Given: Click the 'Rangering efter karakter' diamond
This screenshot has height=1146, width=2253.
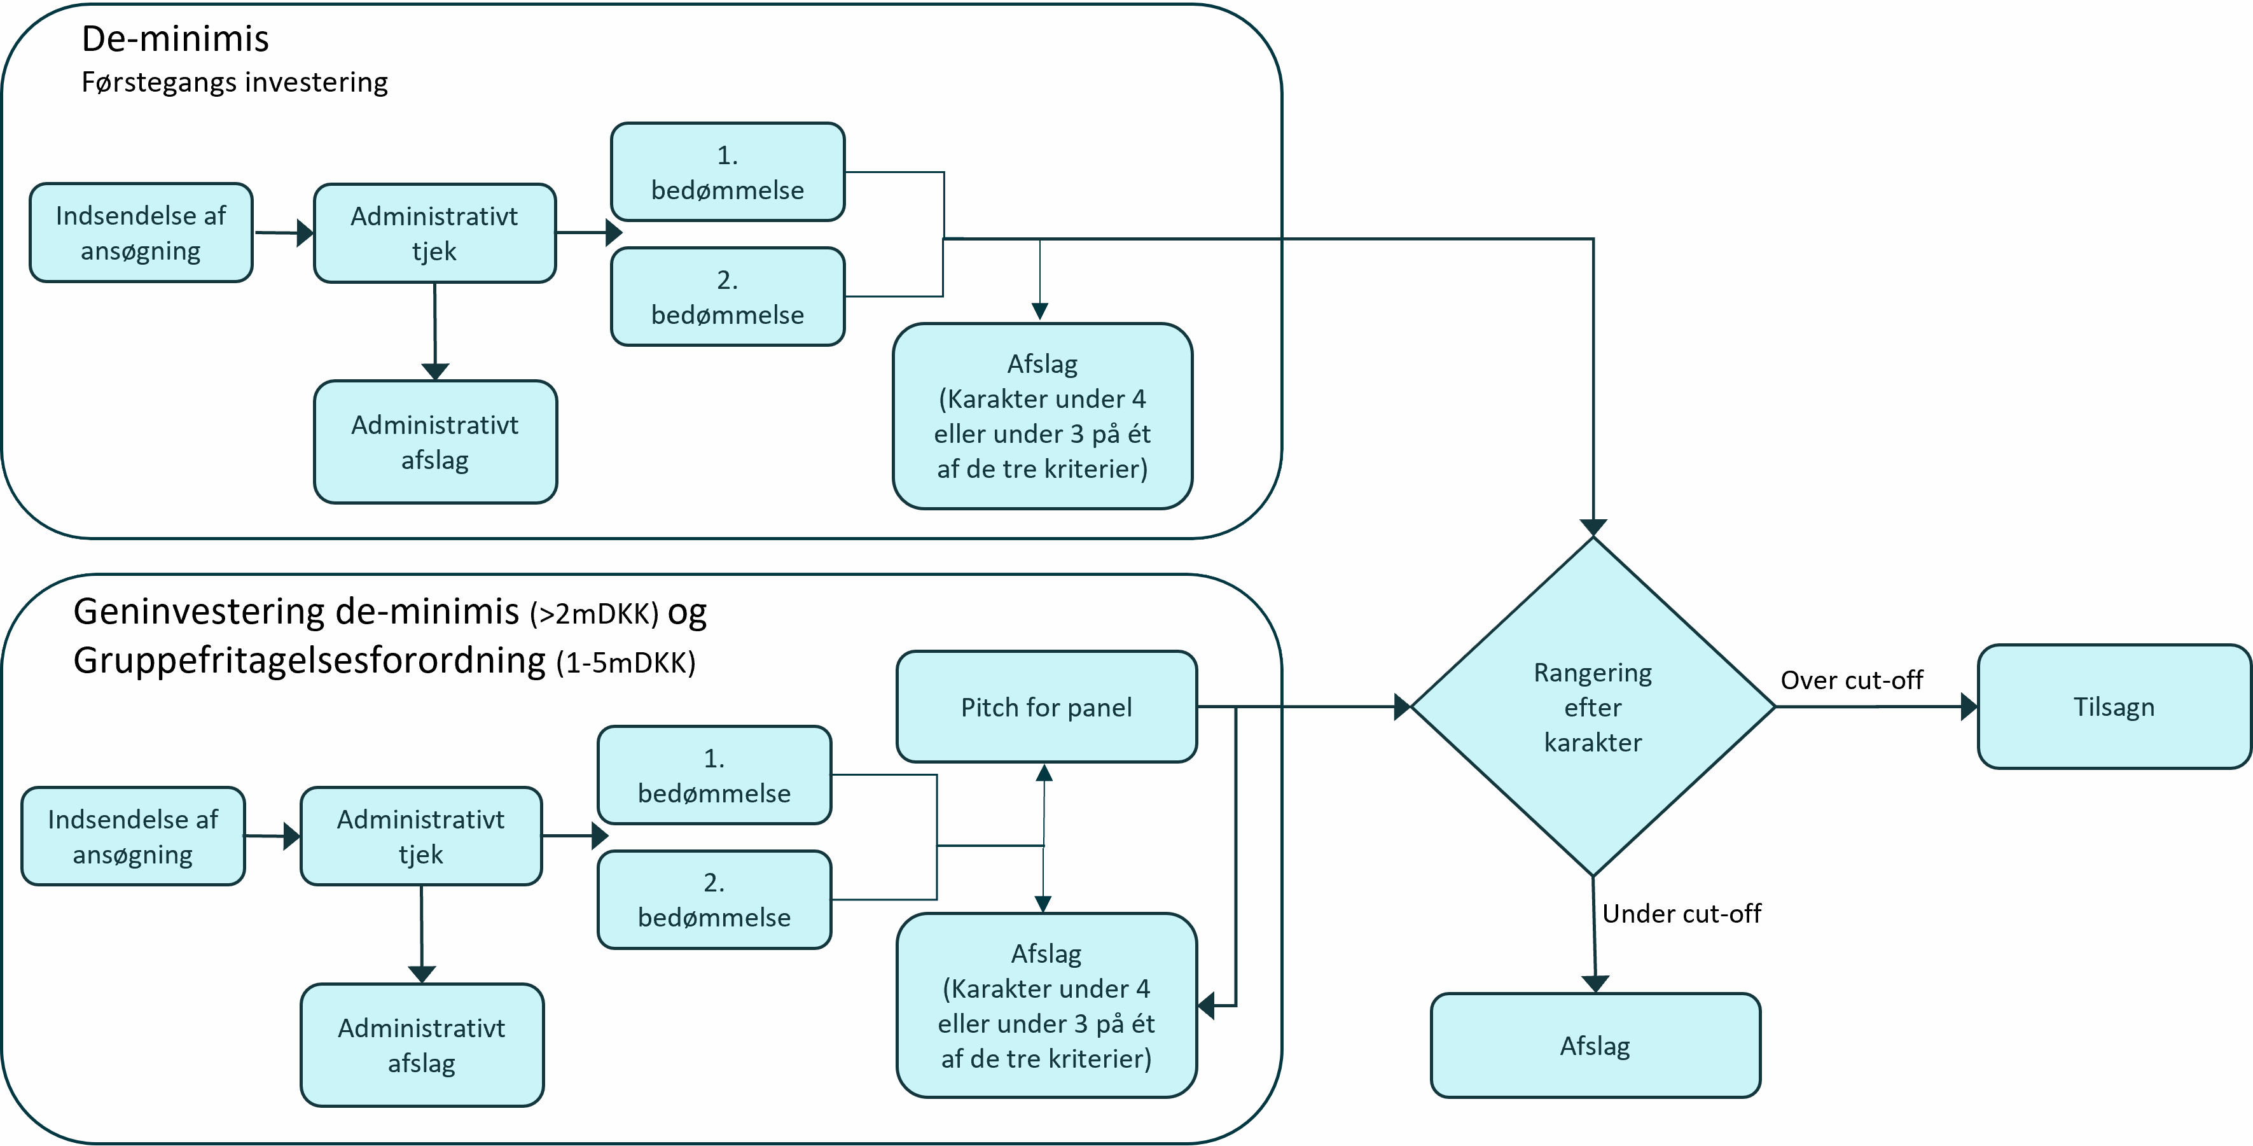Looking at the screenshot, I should point(1593,707).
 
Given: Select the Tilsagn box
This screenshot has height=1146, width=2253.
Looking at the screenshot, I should point(2113,707).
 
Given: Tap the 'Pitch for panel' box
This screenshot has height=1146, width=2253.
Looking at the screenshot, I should point(1046,707).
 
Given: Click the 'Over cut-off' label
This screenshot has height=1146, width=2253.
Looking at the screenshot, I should point(1852,680).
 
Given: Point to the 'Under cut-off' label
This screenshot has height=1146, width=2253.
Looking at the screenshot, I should point(1681,913).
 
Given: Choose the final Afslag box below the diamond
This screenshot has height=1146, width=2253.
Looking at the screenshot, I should point(1595,1045).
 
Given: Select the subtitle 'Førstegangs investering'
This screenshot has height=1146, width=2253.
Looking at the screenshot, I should point(234,82).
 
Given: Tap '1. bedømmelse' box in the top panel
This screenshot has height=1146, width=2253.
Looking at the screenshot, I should point(727,172).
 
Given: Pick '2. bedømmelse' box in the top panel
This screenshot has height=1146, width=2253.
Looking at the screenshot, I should point(727,297).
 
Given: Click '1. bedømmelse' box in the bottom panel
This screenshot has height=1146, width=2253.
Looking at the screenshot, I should point(714,775).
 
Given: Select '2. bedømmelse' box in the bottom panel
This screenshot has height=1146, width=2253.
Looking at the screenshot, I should point(714,899).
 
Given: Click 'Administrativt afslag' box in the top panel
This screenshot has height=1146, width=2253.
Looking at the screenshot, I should point(434,442).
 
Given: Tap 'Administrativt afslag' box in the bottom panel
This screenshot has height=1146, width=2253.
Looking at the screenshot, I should point(422,1045).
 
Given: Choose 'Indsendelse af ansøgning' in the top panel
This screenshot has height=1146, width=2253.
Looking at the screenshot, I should point(141,233).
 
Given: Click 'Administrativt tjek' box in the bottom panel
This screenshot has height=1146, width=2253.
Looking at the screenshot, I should point(420,836).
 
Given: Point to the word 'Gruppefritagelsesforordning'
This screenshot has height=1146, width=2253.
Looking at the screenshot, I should point(310,660).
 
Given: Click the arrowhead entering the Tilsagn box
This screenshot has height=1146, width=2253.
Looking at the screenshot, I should point(1969,707).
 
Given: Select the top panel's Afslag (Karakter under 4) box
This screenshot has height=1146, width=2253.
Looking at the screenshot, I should point(1042,416).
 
